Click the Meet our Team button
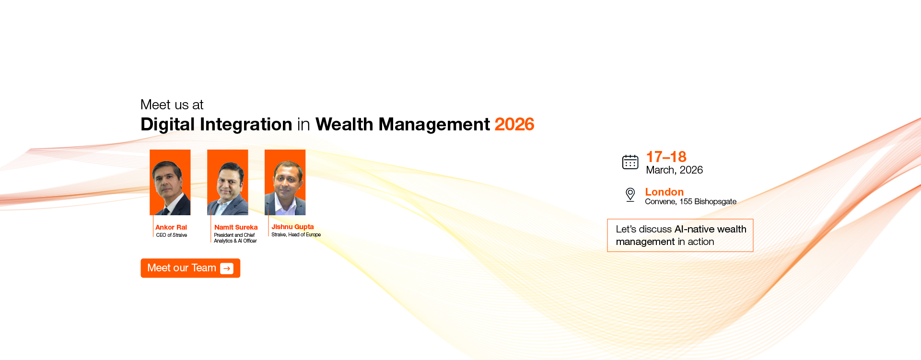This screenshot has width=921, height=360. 190,268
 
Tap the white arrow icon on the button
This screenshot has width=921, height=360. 227,268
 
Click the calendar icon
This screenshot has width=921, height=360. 630,162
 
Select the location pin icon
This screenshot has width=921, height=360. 630,195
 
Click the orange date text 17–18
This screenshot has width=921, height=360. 666,157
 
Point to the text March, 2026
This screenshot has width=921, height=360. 674,170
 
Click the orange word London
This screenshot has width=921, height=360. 664,192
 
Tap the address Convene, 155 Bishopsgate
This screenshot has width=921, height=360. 690,202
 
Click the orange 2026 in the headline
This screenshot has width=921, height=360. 514,125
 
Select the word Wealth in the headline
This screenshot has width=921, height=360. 344,125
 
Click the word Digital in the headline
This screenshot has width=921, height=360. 167,125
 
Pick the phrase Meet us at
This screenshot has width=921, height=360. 172,105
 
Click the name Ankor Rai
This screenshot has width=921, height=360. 171,227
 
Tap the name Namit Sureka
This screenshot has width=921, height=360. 236,227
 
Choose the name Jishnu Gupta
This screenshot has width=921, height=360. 292,227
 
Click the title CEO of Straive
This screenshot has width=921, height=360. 172,235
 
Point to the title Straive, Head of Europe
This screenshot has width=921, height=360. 296,234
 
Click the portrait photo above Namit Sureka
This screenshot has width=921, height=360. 228,183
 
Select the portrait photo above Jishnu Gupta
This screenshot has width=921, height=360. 285,183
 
